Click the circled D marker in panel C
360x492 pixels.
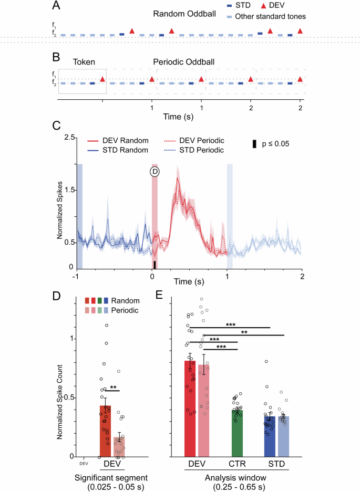point(155,172)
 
